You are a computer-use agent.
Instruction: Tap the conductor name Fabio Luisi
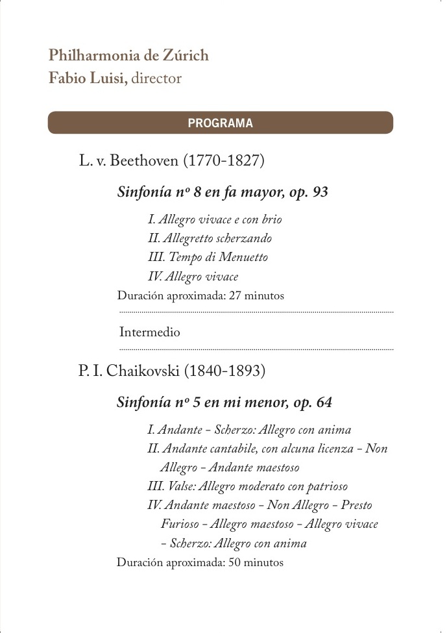click(x=88, y=79)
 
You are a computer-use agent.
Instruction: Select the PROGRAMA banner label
click(x=220, y=123)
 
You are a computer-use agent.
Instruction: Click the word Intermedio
click(x=150, y=332)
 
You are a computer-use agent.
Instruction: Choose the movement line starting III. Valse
click(x=248, y=486)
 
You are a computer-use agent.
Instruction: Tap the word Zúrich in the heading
click(x=185, y=56)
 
